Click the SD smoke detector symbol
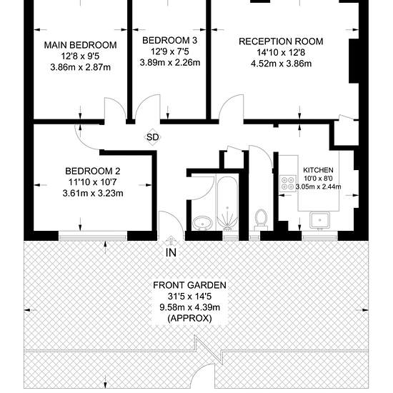click(153, 137)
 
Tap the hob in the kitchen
click(287, 183)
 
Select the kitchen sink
click(319, 220)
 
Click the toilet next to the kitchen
click(261, 219)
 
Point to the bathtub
click(227, 203)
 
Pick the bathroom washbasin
click(202, 222)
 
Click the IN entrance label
click(171, 252)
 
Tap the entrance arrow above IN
click(171, 241)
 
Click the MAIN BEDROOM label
click(81, 45)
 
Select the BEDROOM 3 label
click(169, 40)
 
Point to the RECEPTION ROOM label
click(281, 41)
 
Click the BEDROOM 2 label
click(93, 171)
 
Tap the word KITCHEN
click(318, 170)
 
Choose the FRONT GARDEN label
click(190, 285)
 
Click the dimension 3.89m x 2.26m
click(170, 62)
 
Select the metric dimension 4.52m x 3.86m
click(282, 64)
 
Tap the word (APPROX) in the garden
click(190, 318)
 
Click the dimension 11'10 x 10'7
click(93, 182)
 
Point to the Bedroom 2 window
click(93, 236)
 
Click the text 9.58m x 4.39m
click(190, 307)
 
